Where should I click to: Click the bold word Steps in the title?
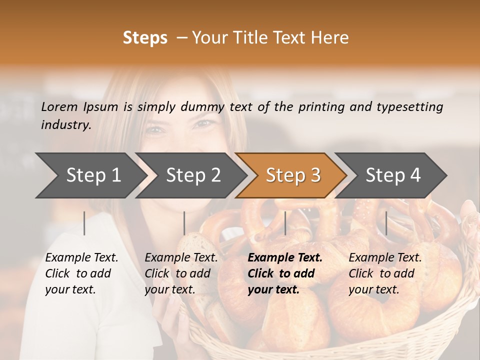click(145, 38)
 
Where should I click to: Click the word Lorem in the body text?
click(59, 107)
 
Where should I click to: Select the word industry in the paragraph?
click(65, 125)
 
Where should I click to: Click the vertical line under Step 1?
click(84, 223)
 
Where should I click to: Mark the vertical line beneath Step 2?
click(184, 223)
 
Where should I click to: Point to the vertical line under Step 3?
click(285, 223)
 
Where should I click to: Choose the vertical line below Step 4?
click(386, 223)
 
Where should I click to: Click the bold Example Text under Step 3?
click(285, 258)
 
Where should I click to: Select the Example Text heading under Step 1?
click(81, 258)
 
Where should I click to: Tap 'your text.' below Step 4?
click(373, 290)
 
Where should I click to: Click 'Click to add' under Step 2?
click(177, 274)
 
